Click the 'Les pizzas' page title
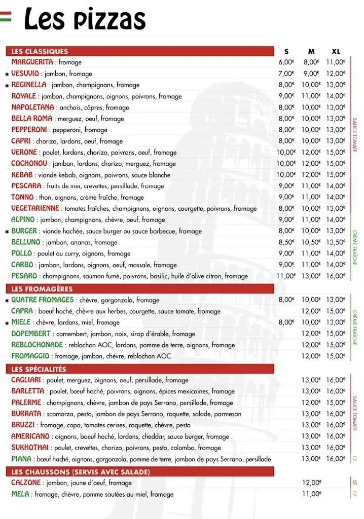click(x=85, y=19)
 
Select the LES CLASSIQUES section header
click(x=40, y=51)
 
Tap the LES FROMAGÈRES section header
click(x=42, y=289)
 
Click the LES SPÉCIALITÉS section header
click(x=39, y=369)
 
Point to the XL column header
click(x=336, y=51)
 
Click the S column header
click(x=286, y=51)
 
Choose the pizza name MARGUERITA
click(x=32, y=62)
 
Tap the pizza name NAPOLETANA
click(x=32, y=107)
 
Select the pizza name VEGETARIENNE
click(x=35, y=208)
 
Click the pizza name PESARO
click(x=24, y=276)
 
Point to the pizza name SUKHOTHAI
click(x=30, y=448)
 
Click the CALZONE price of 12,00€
click(x=312, y=483)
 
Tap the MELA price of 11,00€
click(x=312, y=494)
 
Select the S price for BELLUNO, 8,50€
click(x=286, y=242)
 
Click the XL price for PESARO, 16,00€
click(x=336, y=276)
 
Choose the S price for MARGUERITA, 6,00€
click(x=286, y=62)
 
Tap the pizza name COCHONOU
click(x=29, y=163)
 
